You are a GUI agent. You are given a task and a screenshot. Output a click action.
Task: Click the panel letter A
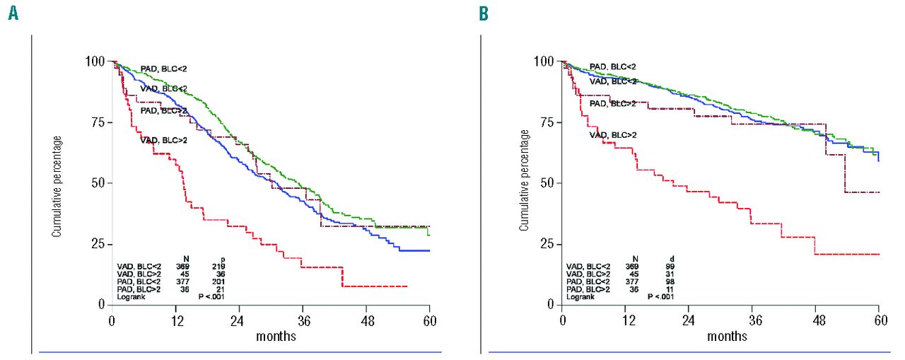[x=13, y=14]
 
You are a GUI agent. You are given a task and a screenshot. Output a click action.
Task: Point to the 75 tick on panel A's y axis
[x=96, y=122]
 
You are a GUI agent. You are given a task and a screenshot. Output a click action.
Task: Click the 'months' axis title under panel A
[x=276, y=336]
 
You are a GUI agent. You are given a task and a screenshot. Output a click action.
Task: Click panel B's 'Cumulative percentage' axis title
[x=524, y=180]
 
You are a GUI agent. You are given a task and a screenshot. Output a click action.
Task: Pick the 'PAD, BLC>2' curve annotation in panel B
[x=613, y=104]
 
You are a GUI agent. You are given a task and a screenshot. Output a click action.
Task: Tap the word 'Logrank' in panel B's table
[x=580, y=297]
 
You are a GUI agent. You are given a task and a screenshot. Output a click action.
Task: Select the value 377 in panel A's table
[x=168, y=281]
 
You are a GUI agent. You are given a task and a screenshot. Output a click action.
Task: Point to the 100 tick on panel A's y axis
[x=93, y=62]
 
